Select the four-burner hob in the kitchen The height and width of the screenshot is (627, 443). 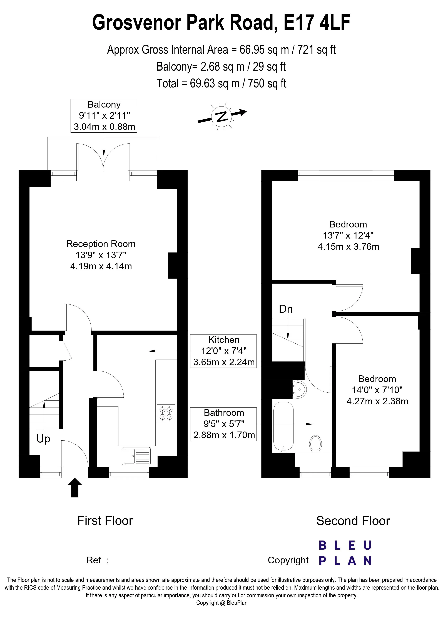point(166,413)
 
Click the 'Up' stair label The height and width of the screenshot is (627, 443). point(43,439)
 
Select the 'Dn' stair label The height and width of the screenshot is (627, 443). point(286,309)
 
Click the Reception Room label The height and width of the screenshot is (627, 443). point(101,244)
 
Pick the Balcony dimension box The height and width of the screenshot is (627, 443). point(104,116)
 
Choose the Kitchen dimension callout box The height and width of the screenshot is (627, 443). point(223,351)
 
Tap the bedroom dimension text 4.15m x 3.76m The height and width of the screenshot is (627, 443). point(348,247)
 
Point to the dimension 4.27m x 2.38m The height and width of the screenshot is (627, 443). point(377,402)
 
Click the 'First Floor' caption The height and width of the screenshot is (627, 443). point(105,521)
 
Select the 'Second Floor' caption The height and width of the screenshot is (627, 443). point(353,521)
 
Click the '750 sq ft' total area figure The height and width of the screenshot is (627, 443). point(267,83)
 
